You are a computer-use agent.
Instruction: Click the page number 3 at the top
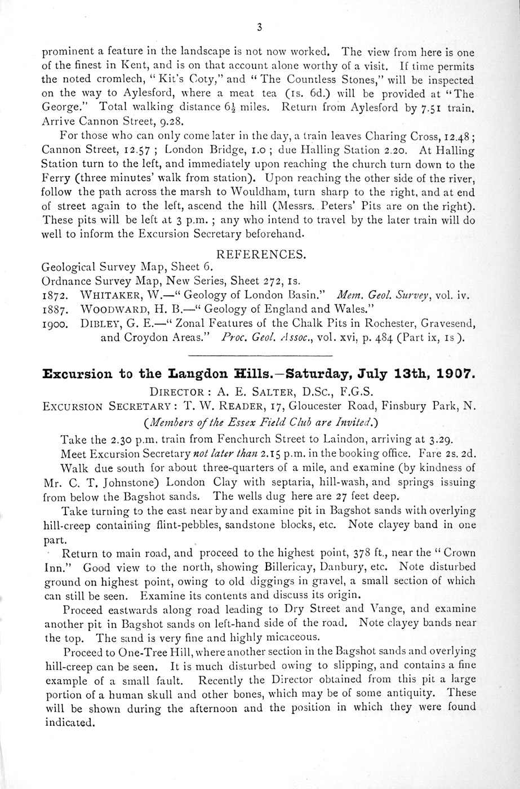point(259,26)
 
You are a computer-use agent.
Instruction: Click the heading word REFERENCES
point(260,255)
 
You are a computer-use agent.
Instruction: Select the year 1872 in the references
point(56,295)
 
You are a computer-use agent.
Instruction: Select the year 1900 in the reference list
point(56,324)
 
